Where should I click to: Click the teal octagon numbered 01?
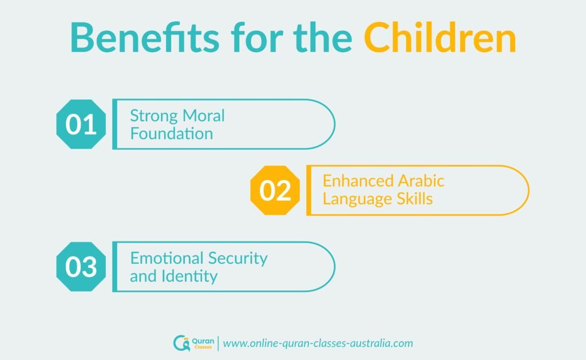(x=81, y=124)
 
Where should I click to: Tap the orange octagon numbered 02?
(x=275, y=190)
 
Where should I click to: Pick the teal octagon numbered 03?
(x=81, y=267)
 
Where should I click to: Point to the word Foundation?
(x=171, y=134)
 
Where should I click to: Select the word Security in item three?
(x=240, y=258)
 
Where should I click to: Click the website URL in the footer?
(x=318, y=343)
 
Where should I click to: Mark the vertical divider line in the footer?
(x=217, y=343)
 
